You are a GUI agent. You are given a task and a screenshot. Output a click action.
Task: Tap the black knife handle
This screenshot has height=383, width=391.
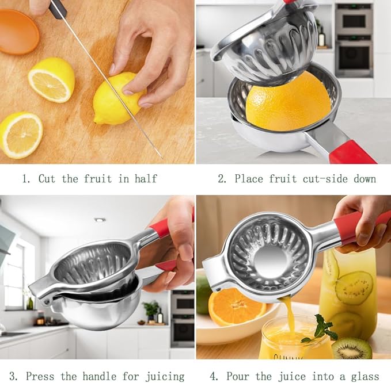[x=58, y=8]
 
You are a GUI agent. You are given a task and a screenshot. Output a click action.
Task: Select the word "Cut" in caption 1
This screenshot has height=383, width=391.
[x=47, y=179]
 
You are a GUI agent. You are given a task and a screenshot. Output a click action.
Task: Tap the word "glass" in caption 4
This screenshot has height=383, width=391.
[x=364, y=377]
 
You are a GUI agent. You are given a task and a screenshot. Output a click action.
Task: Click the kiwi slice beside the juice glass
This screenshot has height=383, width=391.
[x=352, y=348]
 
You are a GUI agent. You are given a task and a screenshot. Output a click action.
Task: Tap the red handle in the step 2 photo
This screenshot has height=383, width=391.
[x=352, y=153]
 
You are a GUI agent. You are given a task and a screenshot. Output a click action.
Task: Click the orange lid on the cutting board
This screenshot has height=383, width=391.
[x=19, y=32]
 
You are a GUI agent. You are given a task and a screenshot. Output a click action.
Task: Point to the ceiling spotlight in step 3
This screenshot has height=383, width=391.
[x=100, y=220]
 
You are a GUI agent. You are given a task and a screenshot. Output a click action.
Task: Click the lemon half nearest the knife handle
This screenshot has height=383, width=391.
[x=51, y=79]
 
